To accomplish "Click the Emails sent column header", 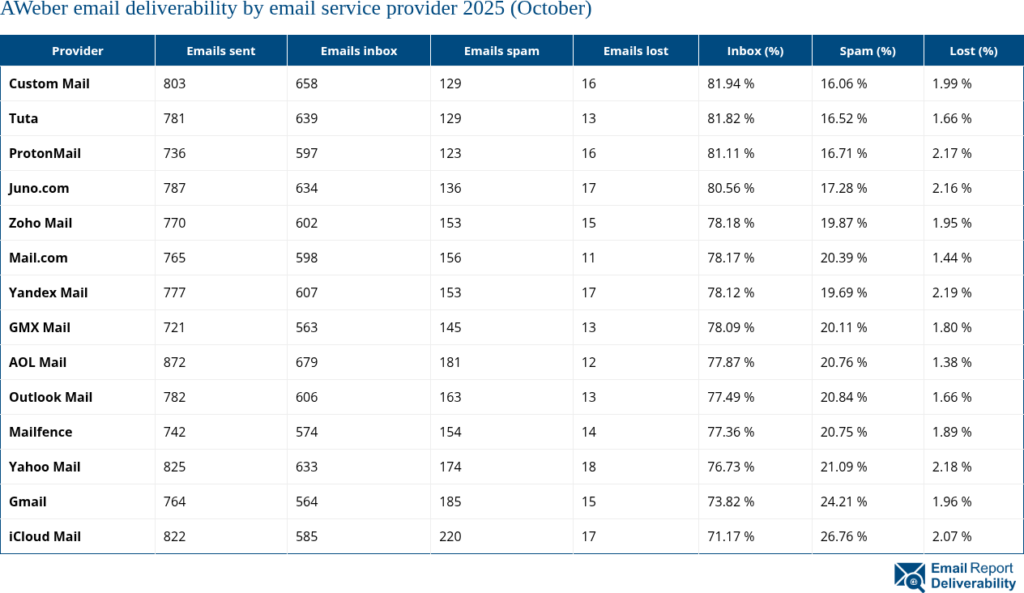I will point(220,50).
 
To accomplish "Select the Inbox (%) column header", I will point(754,50).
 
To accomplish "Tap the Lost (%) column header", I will point(973,50).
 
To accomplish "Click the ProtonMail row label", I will point(45,153).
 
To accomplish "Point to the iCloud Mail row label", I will point(45,536).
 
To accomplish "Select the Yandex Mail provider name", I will point(48,292).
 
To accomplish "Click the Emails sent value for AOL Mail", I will point(174,362).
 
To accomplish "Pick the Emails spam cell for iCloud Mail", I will point(450,536).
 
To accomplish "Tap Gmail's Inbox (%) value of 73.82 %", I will point(731,501).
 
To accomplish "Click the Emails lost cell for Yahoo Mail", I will point(589,467).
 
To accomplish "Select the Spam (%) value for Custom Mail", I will point(843,83).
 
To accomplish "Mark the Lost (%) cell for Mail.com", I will point(952,258).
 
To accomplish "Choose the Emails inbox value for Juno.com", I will point(307,188).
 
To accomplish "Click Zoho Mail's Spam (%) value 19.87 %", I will point(843,223).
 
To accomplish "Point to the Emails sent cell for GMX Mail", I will point(174,327).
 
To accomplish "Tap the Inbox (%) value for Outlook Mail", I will point(731,397).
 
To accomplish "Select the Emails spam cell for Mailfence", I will point(450,432).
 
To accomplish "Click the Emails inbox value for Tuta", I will point(307,118).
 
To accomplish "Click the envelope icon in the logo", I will point(909,577).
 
